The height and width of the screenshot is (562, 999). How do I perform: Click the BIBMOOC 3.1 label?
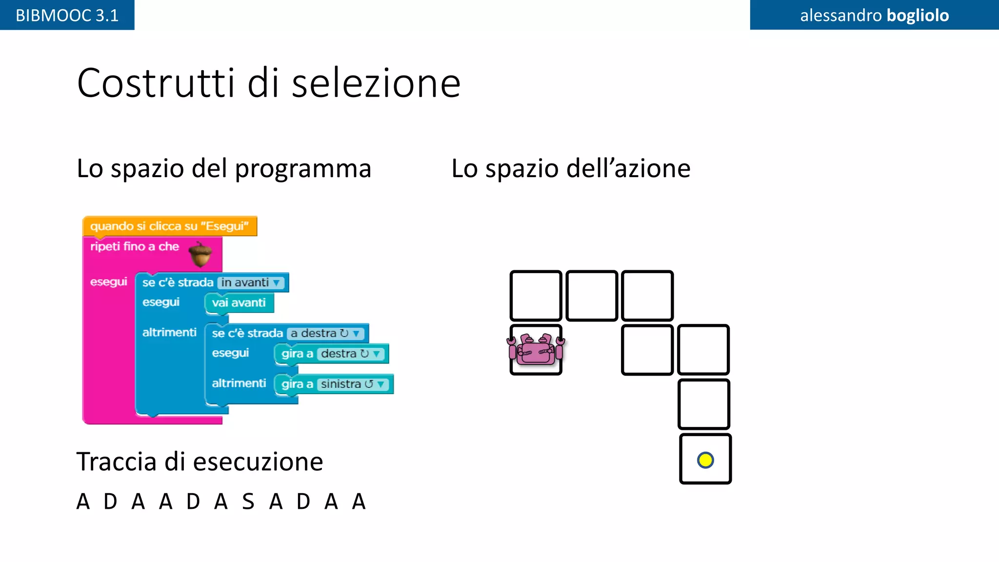coord(67,15)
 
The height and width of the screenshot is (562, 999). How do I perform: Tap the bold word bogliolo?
coord(918,15)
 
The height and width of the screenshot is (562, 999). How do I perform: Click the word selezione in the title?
coord(376,83)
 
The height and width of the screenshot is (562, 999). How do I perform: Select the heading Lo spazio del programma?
coord(224,168)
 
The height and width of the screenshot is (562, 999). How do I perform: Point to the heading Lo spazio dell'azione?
coord(571,168)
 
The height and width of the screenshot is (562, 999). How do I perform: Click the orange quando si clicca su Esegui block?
coord(169,226)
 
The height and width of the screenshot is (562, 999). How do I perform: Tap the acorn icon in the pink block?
coord(200,254)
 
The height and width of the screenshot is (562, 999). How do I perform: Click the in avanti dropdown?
coord(250,282)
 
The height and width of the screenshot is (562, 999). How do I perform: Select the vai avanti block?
coord(239,303)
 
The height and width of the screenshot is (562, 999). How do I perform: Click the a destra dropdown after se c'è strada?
coord(325,333)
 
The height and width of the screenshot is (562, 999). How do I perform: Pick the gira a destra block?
coord(332,354)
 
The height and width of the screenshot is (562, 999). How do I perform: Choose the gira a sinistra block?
coord(334,384)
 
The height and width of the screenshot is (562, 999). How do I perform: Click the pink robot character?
coord(536,349)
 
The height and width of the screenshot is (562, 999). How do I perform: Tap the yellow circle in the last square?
coord(705,460)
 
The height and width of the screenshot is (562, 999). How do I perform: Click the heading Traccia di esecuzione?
coord(200,462)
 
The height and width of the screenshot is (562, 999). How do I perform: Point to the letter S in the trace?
coord(248,502)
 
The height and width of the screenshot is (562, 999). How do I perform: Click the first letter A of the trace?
coord(83,502)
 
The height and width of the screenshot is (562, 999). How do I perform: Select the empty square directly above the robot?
coord(536,295)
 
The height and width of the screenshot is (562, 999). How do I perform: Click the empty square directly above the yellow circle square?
coord(703,404)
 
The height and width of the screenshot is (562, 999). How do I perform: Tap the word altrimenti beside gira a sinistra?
coord(239,383)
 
